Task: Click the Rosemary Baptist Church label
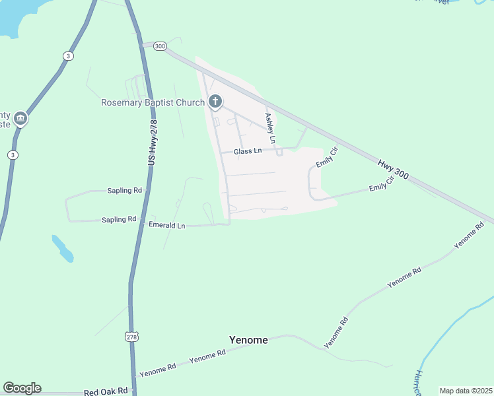click(x=153, y=102)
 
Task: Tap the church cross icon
click(x=215, y=102)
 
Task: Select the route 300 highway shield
click(x=159, y=46)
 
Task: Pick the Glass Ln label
click(x=248, y=151)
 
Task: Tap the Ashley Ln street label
click(x=269, y=128)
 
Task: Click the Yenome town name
click(x=248, y=340)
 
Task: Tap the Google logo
click(x=22, y=388)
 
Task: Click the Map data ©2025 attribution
click(x=465, y=391)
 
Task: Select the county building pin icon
click(x=20, y=119)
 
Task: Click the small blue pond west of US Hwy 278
click(x=62, y=247)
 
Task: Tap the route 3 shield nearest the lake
click(x=68, y=56)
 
